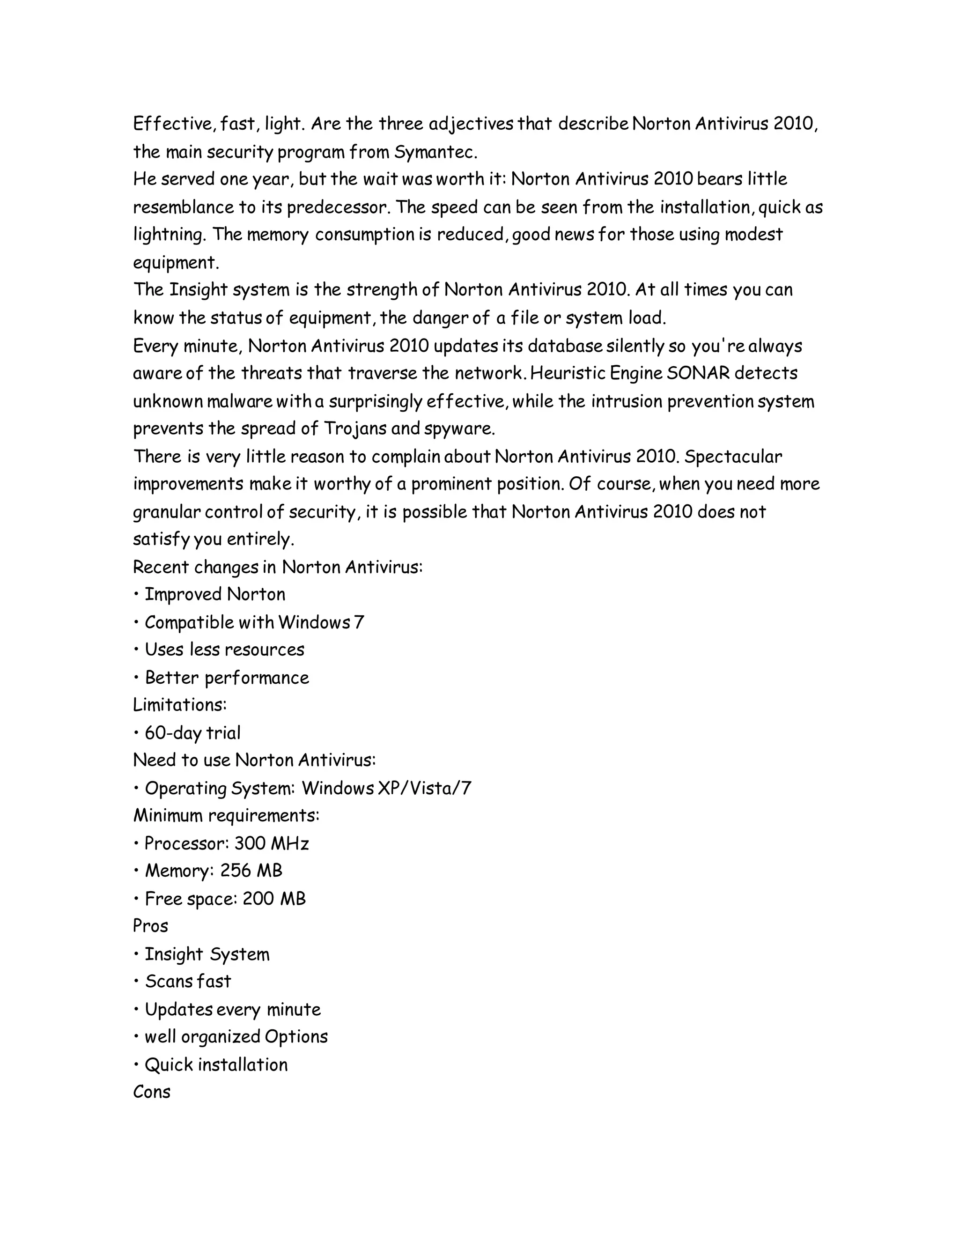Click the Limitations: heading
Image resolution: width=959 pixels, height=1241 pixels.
179,705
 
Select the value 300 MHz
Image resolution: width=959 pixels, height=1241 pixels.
272,843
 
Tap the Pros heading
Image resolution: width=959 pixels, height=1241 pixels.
151,926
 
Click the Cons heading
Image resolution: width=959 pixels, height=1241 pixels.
152,1092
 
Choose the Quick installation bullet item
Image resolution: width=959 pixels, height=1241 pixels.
216,1065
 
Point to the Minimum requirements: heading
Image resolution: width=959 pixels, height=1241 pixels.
226,816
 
